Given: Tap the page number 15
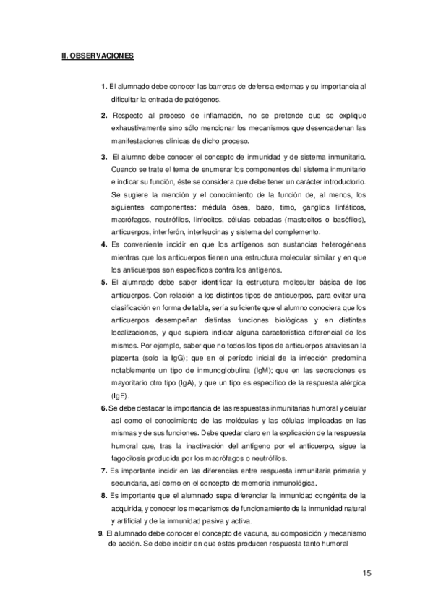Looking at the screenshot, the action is pyautogui.click(x=366, y=573).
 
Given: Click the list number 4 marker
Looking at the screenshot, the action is pyautogui.click(x=104, y=244).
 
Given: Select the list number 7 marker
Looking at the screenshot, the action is pyautogui.click(x=104, y=471).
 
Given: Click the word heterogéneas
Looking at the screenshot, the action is pyautogui.click(x=338, y=244).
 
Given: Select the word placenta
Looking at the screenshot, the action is pyautogui.click(x=127, y=357).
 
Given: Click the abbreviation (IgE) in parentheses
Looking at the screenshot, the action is pyautogui.click(x=120, y=395).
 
